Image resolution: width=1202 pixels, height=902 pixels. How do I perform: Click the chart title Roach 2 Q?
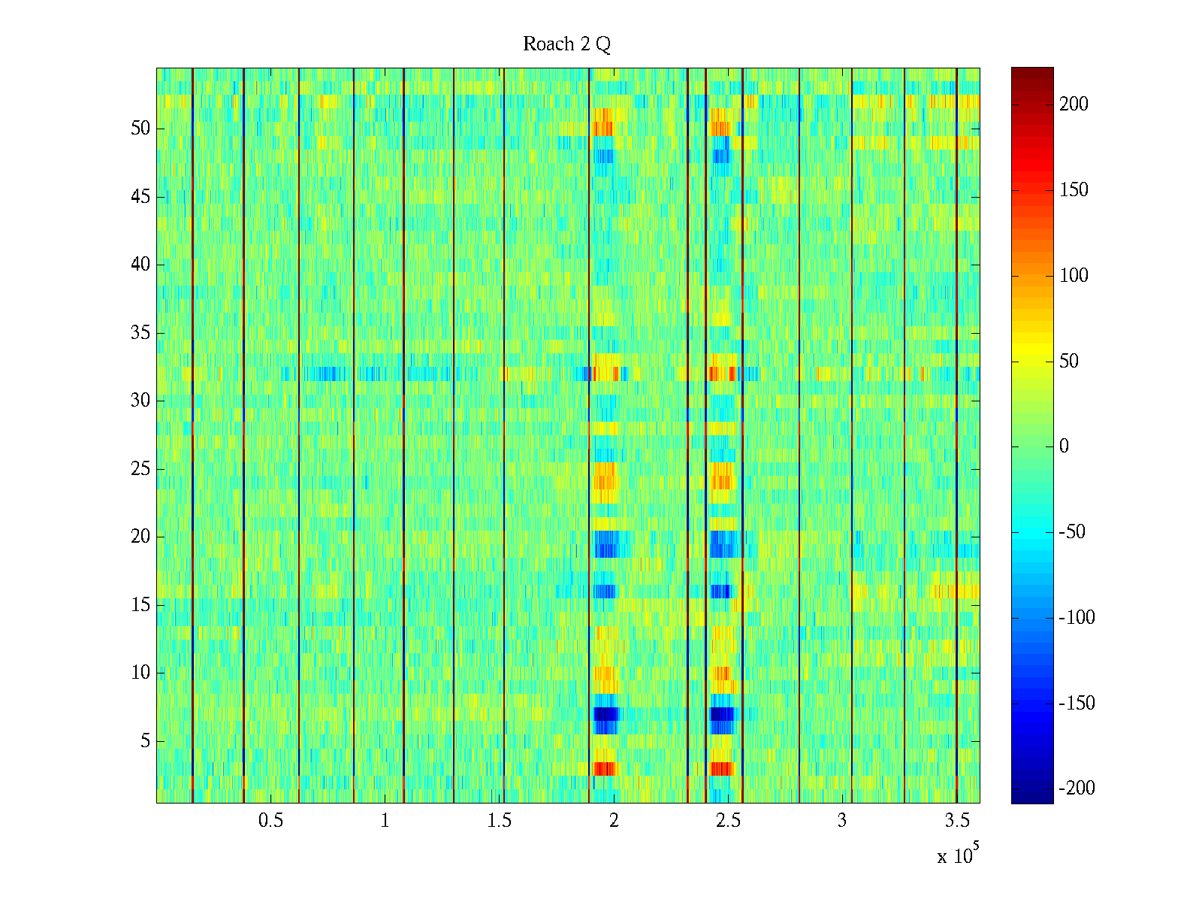click(566, 44)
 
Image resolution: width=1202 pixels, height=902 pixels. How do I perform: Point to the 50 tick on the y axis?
click(140, 129)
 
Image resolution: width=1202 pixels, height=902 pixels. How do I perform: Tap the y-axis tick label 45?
click(140, 197)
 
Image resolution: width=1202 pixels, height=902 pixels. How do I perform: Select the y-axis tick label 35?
click(140, 333)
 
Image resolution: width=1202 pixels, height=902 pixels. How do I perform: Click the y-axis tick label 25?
click(140, 469)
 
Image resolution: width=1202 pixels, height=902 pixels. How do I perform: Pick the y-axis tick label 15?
click(140, 605)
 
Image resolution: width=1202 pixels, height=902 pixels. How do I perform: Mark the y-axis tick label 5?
click(145, 741)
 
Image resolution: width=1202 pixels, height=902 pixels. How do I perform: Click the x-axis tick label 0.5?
click(270, 821)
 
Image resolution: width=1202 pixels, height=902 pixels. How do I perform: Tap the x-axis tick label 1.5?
click(499, 821)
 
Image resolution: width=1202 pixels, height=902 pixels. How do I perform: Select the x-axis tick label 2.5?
click(728, 821)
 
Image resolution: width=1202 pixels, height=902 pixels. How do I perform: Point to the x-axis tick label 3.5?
click(956, 821)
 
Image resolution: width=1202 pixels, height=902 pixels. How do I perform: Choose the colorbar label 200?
click(1074, 104)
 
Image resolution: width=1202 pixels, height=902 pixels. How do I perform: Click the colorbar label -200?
click(1077, 788)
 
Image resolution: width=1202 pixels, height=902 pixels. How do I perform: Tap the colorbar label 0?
click(1064, 446)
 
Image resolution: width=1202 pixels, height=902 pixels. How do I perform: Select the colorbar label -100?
click(1077, 618)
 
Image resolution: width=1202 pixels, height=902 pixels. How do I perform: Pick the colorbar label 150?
click(1074, 190)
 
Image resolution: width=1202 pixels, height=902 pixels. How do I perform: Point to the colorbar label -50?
click(1072, 532)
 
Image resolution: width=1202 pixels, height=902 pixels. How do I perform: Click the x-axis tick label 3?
click(842, 821)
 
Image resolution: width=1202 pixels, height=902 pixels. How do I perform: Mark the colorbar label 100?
click(1074, 276)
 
